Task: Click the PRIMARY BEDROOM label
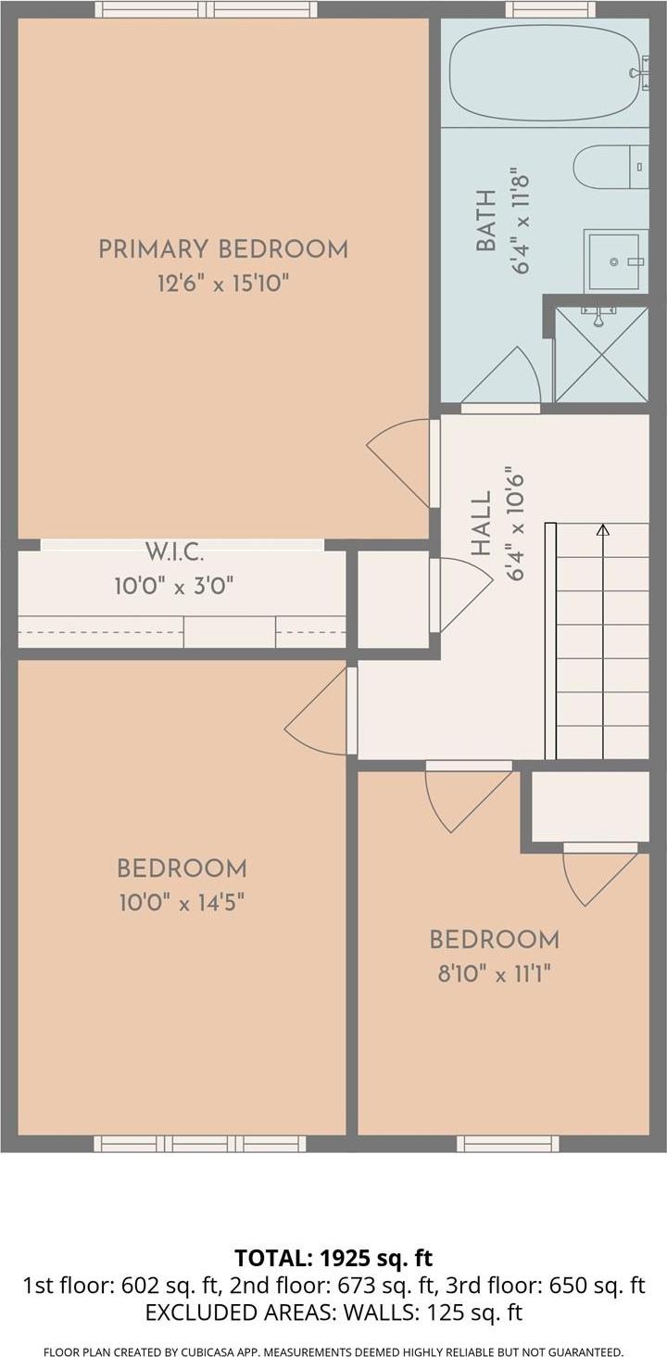(x=223, y=249)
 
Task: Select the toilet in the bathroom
(x=609, y=168)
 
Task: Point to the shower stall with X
(x=601, y=355)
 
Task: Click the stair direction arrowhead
(x=603, y=530)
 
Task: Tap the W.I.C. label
(x=174, y=553)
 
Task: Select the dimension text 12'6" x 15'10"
(x=223, y=283)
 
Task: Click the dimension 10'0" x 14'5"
(x=182, y=902)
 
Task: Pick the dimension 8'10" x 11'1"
(x=494, y=973)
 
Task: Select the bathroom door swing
(x=503, y=380)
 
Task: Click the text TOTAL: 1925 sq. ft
(x=333, y=1258)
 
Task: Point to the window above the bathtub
(x=550, y=9)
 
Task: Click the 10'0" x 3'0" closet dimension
(x=174, y=586)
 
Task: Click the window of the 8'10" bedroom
(x=508, y=1144)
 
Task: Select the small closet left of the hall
(x=393, y=600)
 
